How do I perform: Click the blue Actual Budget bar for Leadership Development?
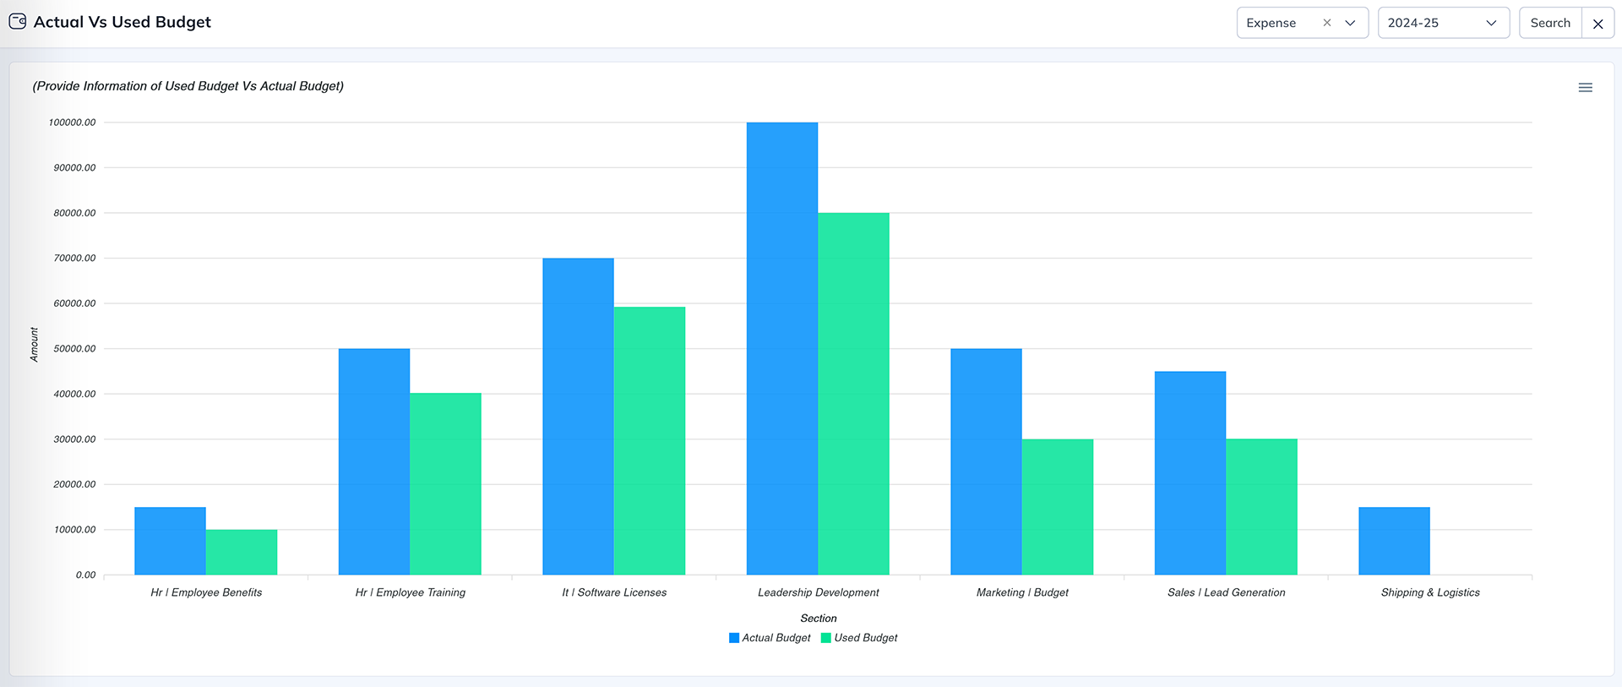[x=781, y=348]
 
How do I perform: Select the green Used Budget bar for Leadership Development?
[x=853, y=394]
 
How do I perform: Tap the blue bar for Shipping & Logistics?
[x=1394, y=541]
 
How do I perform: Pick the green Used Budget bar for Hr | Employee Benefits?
[x=242, y=553]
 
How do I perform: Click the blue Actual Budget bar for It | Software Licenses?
[x=578, y=417]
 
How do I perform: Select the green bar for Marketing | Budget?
[x=1057, y=507]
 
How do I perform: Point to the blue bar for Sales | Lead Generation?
[x=1189, y=473]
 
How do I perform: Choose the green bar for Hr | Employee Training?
[x=445, y=484]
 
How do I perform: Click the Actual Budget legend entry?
[x=770, y=638]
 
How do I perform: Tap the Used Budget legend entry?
[x=860, y=638]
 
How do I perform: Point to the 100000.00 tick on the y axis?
[x=73, y=123]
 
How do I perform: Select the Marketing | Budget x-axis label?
[x=1022, y=592]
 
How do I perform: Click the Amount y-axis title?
[x=34, y=345]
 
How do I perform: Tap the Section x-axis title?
[x=818, y=619]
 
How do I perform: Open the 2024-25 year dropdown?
[x=1443, y=23]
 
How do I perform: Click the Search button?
[x=1550, y=23]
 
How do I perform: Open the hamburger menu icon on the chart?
[x=1585, y=88]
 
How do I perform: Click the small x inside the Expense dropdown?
[x=1326, y=23]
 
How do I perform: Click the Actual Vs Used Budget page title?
[x=122, y=22]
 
